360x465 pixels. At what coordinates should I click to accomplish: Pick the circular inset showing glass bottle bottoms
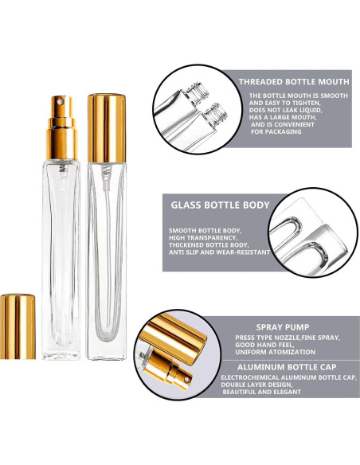[x=306, y=231]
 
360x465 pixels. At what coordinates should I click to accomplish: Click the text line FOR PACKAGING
[x=277, y=131]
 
